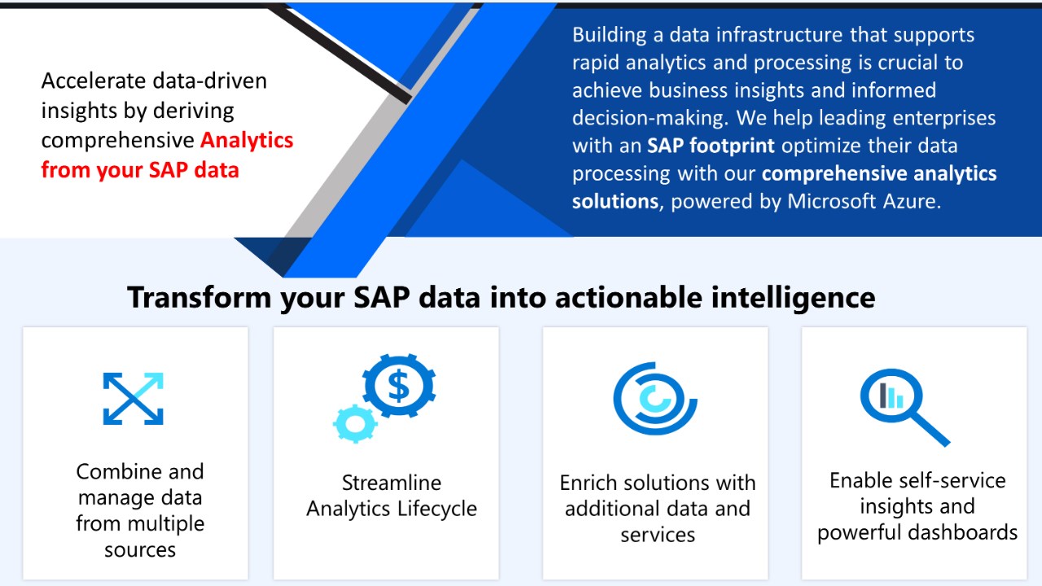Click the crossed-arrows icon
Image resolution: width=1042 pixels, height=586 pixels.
133,399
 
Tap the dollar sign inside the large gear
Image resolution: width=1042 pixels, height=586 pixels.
399,386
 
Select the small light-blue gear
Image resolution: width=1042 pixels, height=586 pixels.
355,424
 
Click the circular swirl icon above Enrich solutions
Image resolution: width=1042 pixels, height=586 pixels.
655,399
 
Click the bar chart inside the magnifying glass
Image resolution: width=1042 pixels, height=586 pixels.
891,396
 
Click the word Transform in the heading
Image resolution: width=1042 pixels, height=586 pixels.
199,297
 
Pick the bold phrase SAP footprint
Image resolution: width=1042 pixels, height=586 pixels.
711,146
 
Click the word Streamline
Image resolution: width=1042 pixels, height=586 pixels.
392,483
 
